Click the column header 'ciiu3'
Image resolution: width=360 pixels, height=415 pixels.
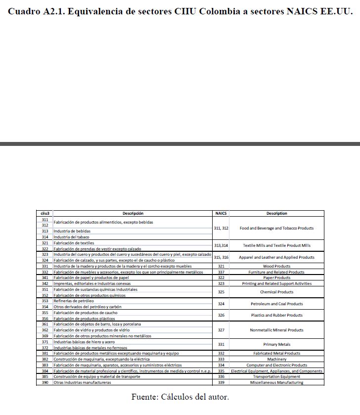[45, 214]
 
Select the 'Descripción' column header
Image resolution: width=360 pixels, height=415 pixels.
[133, 214]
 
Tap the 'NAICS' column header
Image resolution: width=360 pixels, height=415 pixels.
[221, 214]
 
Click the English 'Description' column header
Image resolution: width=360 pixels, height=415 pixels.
[276, 214]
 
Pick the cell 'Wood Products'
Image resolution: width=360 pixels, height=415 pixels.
[276, 266]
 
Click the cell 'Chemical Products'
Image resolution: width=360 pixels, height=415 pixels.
[276, 292]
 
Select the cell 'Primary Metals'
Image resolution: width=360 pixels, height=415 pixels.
[276, 344]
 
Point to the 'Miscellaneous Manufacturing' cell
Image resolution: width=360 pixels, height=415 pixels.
[276, 382]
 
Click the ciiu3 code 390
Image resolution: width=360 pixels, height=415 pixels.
[45, 382]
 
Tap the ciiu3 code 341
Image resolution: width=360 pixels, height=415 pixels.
[45, 278]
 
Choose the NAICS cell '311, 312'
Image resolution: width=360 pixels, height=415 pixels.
[221, 229]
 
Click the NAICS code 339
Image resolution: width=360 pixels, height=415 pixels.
[221, 382]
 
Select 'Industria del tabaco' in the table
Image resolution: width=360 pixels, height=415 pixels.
[72, 237]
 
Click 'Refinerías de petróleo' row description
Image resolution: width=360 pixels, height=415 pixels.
[74, 301]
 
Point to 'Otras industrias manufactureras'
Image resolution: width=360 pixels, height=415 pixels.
[82, 382]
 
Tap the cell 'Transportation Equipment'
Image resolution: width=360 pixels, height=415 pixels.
[276, 376]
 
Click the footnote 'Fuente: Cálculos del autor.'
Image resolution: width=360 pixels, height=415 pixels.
[180, 397]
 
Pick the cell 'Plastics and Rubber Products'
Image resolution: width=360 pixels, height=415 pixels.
[276, 315]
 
